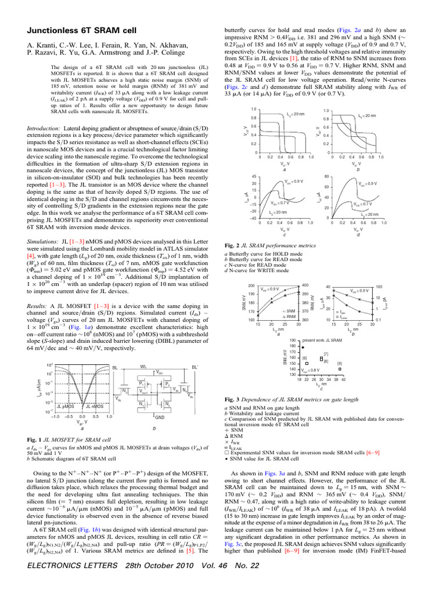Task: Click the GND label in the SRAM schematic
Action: coord(160,434)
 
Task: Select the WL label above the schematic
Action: coord(143,367)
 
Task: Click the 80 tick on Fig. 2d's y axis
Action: coord(328,176)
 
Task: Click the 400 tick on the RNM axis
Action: coord(306,285)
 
